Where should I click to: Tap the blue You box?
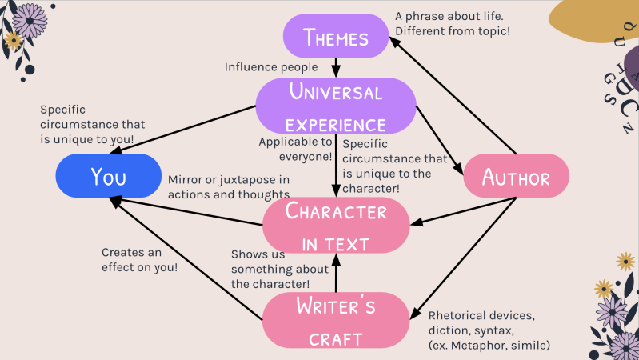pyautogui.click(x=108, y=175)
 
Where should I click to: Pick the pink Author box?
pyautogui.click(x=516, y=176)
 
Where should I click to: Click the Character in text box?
pyautogui.click(x=336, y=225)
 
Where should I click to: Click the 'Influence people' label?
pyautogui.click(x=271, y=66)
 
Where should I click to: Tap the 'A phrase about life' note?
pyautogui.click(x=453, y=23)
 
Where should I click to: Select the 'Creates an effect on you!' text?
pyautogui.click(x=140, y=259)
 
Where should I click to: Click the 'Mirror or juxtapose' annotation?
pyautogui.click(x=229, y=186)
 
